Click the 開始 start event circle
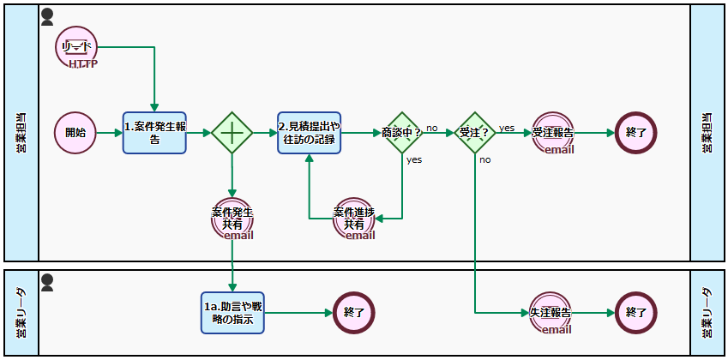click(75, 133)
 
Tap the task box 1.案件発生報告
click(154, 133)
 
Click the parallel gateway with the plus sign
click(232, 133)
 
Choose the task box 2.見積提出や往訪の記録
click(310, 133)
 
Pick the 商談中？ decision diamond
click(402, 133)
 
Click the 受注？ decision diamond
click(474, 133)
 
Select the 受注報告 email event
click(552, 133)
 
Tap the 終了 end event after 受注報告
click(635, 133)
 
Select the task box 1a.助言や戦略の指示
click(232, 313)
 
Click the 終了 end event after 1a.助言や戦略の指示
click(354, 313)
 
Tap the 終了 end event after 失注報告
click(635, 313)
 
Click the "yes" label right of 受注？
click(507, 128)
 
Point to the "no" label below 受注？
click(484, 159)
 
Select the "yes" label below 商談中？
click(414, 159)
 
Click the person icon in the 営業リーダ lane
click(48, 280)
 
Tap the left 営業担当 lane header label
click(21, 133)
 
